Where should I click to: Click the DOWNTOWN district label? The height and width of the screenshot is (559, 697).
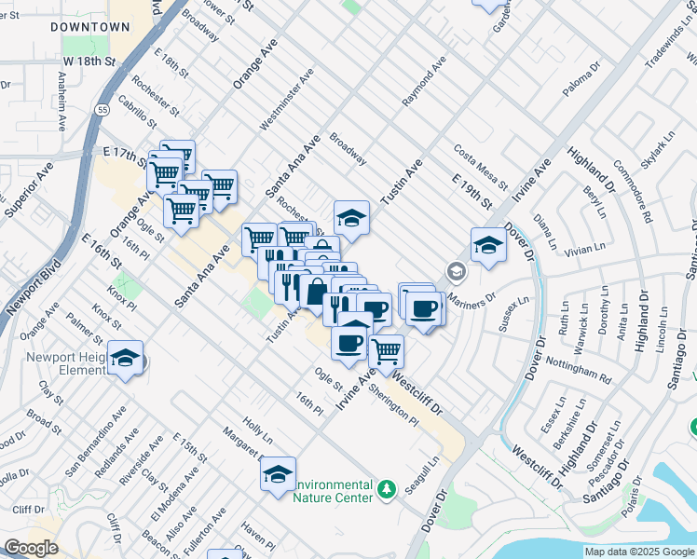point(89,27)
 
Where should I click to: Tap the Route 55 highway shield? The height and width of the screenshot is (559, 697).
point(98,109)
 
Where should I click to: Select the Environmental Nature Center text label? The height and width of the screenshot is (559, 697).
point(334,491)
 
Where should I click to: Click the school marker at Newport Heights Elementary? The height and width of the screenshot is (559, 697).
point(125,359)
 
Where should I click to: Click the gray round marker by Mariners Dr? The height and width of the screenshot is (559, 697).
point(456,271)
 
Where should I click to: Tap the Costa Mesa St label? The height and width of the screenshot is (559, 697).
point(480,163)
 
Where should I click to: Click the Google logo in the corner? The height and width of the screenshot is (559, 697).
point(31,548)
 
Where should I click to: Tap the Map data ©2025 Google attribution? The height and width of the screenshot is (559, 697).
point(639,552)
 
